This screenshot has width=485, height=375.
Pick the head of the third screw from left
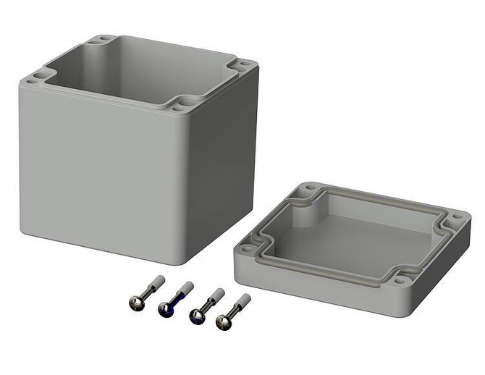(x=195, y=316)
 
